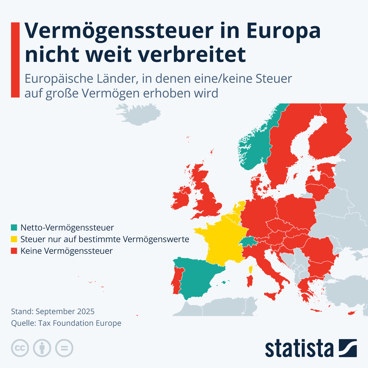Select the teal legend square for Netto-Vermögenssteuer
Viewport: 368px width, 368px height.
[x=14, y=228]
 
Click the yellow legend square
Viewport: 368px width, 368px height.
[x=14, y=239]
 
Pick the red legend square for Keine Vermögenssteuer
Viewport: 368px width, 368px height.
[x=14, y=251]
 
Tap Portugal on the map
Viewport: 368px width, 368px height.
[x=177, y=279]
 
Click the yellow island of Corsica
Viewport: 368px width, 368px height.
[x=251, y=270]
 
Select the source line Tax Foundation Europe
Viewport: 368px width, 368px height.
[x=80, y=323]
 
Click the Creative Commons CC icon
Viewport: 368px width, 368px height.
[x=20, y=348]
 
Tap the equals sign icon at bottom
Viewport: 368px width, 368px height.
[x=64, y=348]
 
